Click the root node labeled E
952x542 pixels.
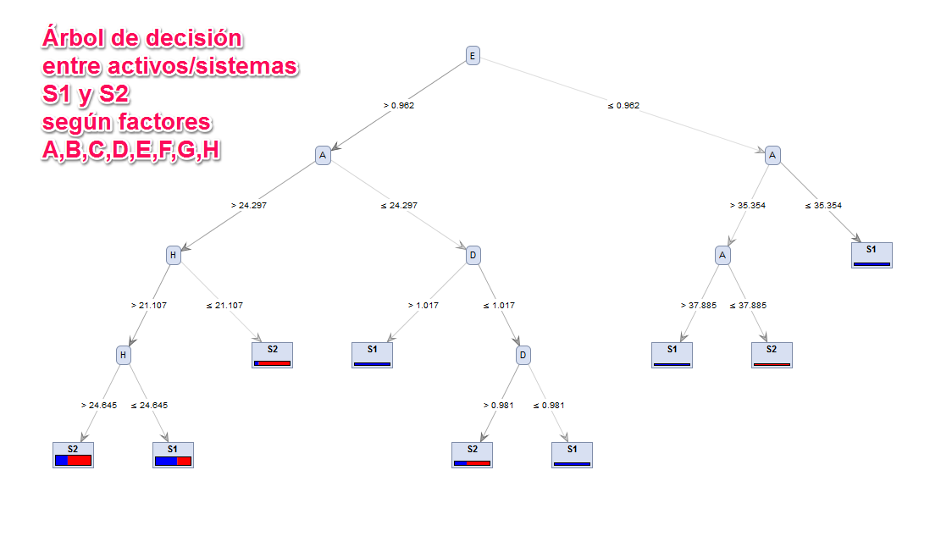coord(473,56)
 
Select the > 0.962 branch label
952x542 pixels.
coord(399,106)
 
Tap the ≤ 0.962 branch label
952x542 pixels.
coord(623,106)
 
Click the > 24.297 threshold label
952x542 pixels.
coord(248,206)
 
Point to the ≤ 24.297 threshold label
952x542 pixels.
coord(398,206)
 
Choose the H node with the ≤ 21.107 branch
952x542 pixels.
coord(173,255)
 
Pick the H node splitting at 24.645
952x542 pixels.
coord(124,356)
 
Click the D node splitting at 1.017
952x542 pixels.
coord(473,255)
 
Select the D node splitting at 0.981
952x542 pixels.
coord(523,356)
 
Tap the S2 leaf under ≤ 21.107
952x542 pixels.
coord(273,354)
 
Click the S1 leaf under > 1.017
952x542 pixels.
coord(373,354)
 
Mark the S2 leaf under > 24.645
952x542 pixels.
coord(73,454)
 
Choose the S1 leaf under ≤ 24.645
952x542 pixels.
coord(173,454)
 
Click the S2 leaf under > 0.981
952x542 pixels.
coord(473,454)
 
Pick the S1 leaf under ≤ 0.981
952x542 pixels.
coord(573,454)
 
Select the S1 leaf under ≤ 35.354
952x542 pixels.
coord(872,254)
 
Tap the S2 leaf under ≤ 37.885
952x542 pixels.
coord(772,354)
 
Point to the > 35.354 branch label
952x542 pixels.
coord(747,206)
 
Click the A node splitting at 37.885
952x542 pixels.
coord(722,255)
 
